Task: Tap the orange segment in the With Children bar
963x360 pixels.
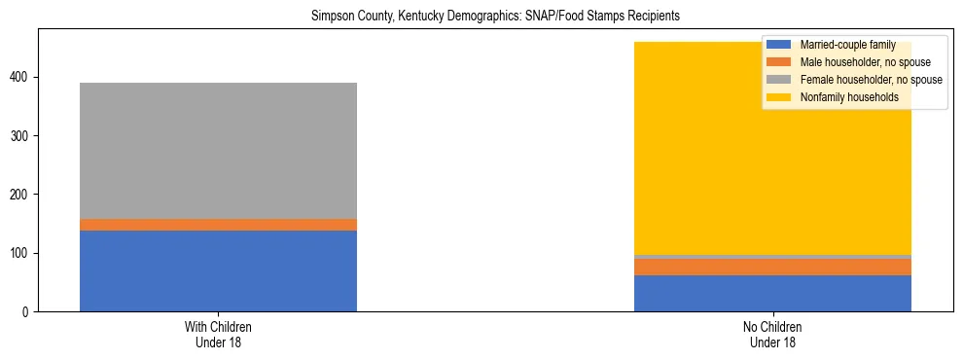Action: [218, 225]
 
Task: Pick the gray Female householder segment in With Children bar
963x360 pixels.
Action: [218, 151]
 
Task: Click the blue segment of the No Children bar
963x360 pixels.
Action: [772, 293]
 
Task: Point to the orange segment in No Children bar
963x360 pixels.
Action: [772, 267]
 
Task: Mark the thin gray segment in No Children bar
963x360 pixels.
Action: [772, 257]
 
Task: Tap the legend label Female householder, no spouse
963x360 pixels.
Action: [870, 80]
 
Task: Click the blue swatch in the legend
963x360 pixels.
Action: [778, 45]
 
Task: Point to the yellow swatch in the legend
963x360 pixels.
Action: [778, 97]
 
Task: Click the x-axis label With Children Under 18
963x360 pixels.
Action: [218, 334]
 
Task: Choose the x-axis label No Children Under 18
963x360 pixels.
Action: [772, 334]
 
